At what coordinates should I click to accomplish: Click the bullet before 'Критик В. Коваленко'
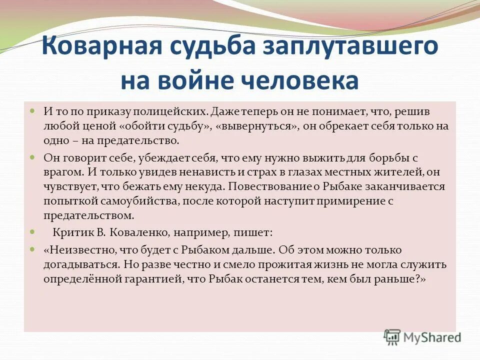tap(32, 232)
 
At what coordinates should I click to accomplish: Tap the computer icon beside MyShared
tap(392, 336)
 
